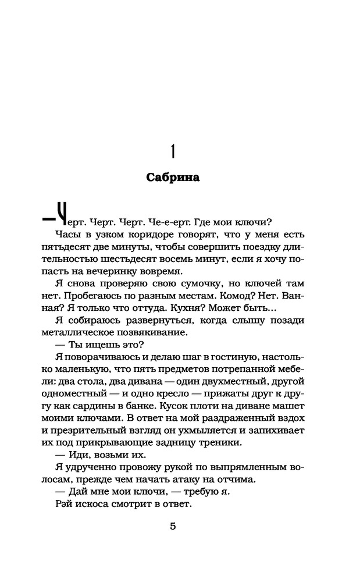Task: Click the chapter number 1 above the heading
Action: click(172, 150)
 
